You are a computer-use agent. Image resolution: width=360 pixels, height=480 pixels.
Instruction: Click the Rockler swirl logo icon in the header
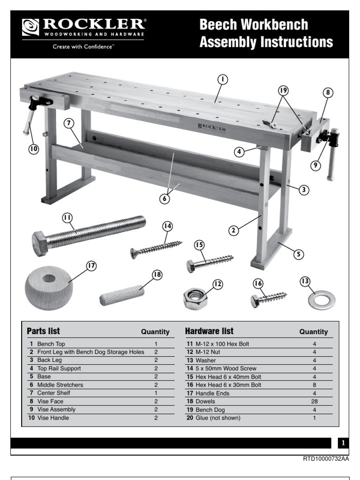point(31,27)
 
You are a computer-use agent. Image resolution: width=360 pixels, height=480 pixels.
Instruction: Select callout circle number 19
point(282,90)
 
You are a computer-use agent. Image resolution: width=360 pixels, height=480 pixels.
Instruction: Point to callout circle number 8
point(328,93)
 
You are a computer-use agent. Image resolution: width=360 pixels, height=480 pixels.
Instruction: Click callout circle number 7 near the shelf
point(69,123)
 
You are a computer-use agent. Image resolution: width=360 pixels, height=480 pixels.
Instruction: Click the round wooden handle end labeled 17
point(49,286)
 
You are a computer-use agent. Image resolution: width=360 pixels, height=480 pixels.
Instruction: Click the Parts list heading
point(44,331)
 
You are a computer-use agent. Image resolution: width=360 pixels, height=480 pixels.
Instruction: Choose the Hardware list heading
point(209,331)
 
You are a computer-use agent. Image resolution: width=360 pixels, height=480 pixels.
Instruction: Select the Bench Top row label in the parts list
point(49,344)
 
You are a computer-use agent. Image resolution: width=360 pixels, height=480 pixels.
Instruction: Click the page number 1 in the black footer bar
point(343,443)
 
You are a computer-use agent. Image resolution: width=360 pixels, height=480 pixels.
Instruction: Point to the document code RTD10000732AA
point(326,458)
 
